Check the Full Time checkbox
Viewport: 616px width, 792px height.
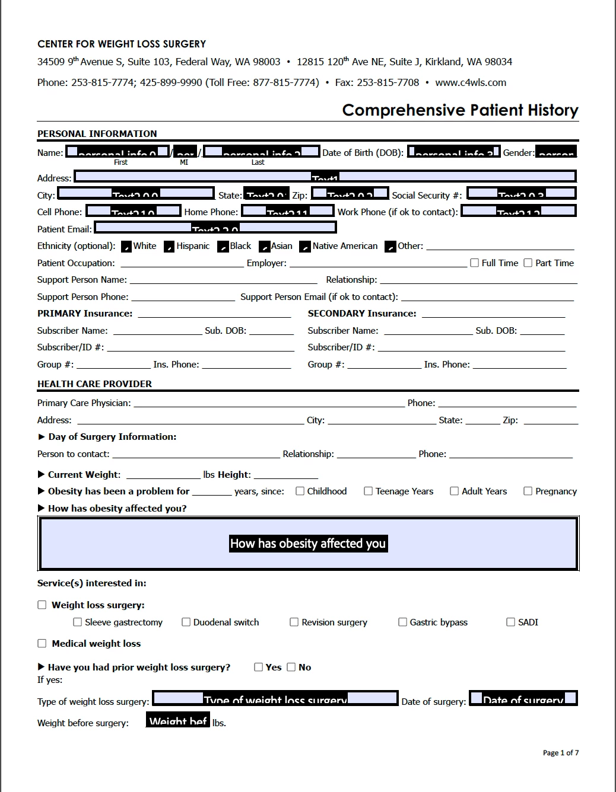[x=475, y=263]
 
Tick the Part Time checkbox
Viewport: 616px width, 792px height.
[x=528, y=263]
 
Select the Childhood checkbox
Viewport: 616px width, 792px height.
[x=300, y=491]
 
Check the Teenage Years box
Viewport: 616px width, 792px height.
[x=369, y=491]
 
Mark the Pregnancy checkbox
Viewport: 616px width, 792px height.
[x=528, y=491]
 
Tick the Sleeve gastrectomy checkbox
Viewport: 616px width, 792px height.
[x=78, y=622]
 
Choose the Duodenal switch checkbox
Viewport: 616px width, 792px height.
[x=186, y=622]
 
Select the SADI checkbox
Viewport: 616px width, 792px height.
[x=511, y=622]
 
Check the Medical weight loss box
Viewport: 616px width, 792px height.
[x=42, y=643]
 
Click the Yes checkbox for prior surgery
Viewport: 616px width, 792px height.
[x=259, y=667]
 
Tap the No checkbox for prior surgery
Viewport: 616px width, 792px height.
[x=291, y=667]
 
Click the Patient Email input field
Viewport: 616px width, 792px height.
[x=215, y=228]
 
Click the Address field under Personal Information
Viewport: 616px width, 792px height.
[x=325, y=177]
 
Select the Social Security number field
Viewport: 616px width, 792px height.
[x=521, y=193]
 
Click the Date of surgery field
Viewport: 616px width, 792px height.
[x=523, y=698]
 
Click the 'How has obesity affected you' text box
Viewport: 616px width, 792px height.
[x=308, y=544]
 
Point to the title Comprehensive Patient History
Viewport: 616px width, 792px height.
[x=460, y=110]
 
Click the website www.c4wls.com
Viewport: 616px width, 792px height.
[x=471, y=82]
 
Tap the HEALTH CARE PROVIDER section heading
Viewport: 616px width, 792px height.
[x=95, y=384]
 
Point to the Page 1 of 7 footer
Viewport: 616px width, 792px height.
[x=560, y=753]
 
